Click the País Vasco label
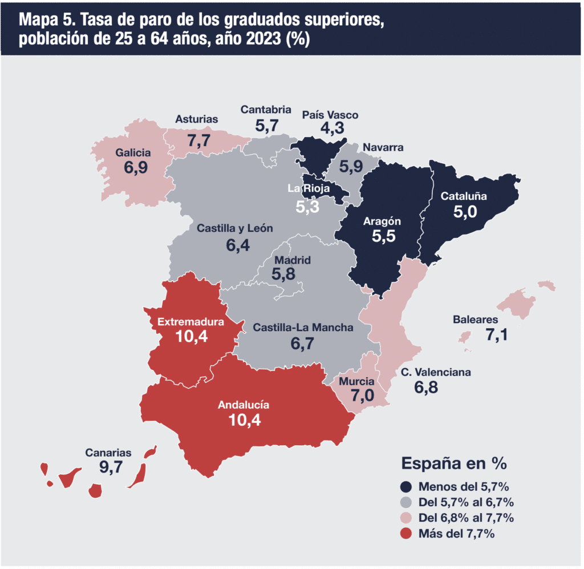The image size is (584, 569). [330, 115]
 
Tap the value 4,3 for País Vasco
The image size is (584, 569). [332, 128]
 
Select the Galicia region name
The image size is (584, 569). [133, 153]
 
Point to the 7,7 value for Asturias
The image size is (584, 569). [199, 141]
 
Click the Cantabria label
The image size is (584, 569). [266, 110]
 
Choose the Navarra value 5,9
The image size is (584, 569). [351, 166]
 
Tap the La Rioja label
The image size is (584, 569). [309, 188]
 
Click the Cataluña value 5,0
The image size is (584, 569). [465, 212]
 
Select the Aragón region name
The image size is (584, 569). [382, 221]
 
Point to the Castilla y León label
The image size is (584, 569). [234, 228]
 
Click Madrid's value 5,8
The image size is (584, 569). [283, 275]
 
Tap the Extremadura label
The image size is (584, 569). [190, 322]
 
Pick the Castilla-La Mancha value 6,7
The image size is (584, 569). [302, 344]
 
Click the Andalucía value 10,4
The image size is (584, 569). [244, 420]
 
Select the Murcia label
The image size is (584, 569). [356, 382]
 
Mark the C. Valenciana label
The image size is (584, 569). [436, 372]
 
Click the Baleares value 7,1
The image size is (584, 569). [497, 335]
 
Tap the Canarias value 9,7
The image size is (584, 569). [111, 467]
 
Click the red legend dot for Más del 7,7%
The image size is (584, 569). [405, 534]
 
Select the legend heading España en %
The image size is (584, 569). [454, 463]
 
